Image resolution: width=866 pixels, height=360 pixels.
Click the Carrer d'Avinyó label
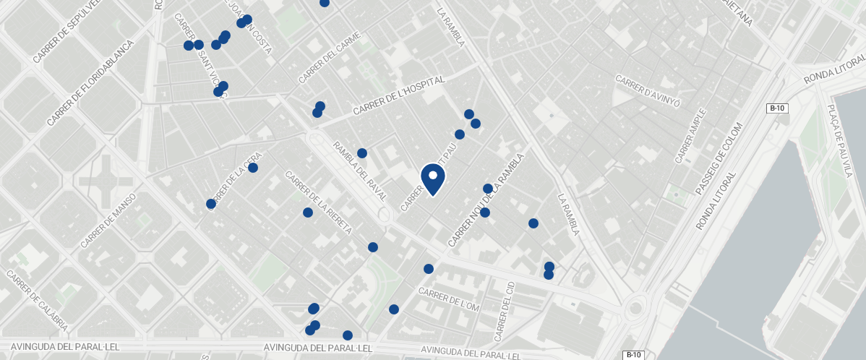pos(648,91)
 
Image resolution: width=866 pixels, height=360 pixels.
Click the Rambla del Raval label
pos(360,171)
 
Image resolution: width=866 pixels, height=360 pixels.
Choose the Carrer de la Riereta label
pos(318,203)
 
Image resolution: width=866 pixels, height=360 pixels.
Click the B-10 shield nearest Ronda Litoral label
pos(777,108)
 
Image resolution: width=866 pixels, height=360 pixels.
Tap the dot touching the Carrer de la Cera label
pos(253,168)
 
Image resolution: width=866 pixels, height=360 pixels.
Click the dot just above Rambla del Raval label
pos(362,153)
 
